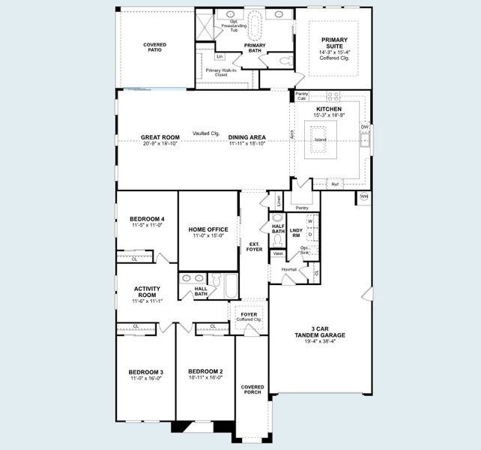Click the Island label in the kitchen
[x=320, y=140]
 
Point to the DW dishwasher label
[x=365, y=127]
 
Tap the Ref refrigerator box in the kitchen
[x=335, y=183]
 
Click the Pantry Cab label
[x=302, y=96]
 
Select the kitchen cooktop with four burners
[x=333, y=96]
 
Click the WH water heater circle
[x=364, y=196]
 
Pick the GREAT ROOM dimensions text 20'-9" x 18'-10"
[x=160, y=144]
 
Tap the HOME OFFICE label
[x=208, y=229]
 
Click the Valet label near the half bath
[x=277, y=253]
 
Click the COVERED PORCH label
[x=252, y=390]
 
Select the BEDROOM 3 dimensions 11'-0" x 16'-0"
[x=145, y=379]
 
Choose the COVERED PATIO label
[x=155, y=47]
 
